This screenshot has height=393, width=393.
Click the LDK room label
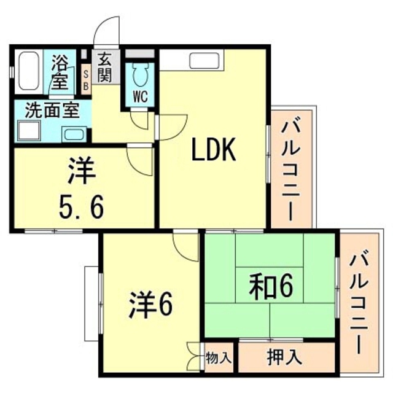[214, 150]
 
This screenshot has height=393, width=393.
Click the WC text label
[141, 96]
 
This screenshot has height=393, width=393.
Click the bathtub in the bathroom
[28, 72]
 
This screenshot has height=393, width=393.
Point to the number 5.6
[81, 207]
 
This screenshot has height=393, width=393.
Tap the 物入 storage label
[219, 356]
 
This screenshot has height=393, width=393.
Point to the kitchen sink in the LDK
[202, 60]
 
